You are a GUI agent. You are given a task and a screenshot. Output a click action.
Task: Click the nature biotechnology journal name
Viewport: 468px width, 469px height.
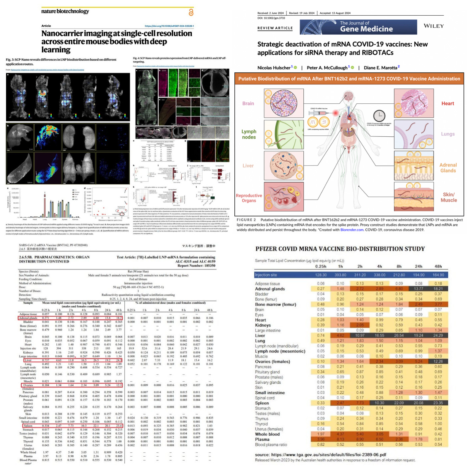[x=65, y=11]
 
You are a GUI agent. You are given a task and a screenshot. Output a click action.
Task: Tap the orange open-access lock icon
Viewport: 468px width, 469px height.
[x=191, y=13]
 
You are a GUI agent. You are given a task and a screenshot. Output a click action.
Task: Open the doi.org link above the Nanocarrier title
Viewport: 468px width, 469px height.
[x=169, y=26]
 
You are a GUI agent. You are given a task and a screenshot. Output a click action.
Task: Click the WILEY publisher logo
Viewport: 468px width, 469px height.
[x=434, y=26]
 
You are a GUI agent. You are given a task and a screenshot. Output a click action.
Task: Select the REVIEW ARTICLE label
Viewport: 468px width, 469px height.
[x=275, y=28]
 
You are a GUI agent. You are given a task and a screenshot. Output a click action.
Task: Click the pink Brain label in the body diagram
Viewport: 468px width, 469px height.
[x=248, y=103]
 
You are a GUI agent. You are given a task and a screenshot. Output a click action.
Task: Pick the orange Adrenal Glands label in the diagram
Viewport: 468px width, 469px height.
[x=448, y=168]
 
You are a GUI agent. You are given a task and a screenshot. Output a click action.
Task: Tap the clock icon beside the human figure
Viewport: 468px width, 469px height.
[x=379, y=116]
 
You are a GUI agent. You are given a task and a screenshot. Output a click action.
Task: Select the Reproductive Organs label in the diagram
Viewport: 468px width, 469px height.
[x=249, y=198]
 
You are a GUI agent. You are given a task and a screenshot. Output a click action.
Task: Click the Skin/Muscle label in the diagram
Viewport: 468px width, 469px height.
[x=449, y=197]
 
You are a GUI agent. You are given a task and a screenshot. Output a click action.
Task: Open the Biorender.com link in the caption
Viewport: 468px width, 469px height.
[x=352, y=230]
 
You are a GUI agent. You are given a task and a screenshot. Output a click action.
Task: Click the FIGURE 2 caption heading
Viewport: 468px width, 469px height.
[x=246, y=220]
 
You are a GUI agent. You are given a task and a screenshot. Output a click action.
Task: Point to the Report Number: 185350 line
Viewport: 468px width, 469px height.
[x=196, y=266]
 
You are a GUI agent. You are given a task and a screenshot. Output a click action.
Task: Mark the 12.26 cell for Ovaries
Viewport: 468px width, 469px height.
[x=438, y=362]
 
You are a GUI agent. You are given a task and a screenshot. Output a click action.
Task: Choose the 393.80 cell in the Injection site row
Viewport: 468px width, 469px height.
[x=340, y=275]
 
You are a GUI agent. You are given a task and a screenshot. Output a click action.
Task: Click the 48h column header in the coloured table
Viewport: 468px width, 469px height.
[x=438, y=267]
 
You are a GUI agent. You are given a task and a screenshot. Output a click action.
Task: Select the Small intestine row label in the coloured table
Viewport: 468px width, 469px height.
[x=270, y=393]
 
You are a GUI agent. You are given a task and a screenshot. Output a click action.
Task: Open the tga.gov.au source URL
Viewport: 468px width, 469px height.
[x=328, y=455]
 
